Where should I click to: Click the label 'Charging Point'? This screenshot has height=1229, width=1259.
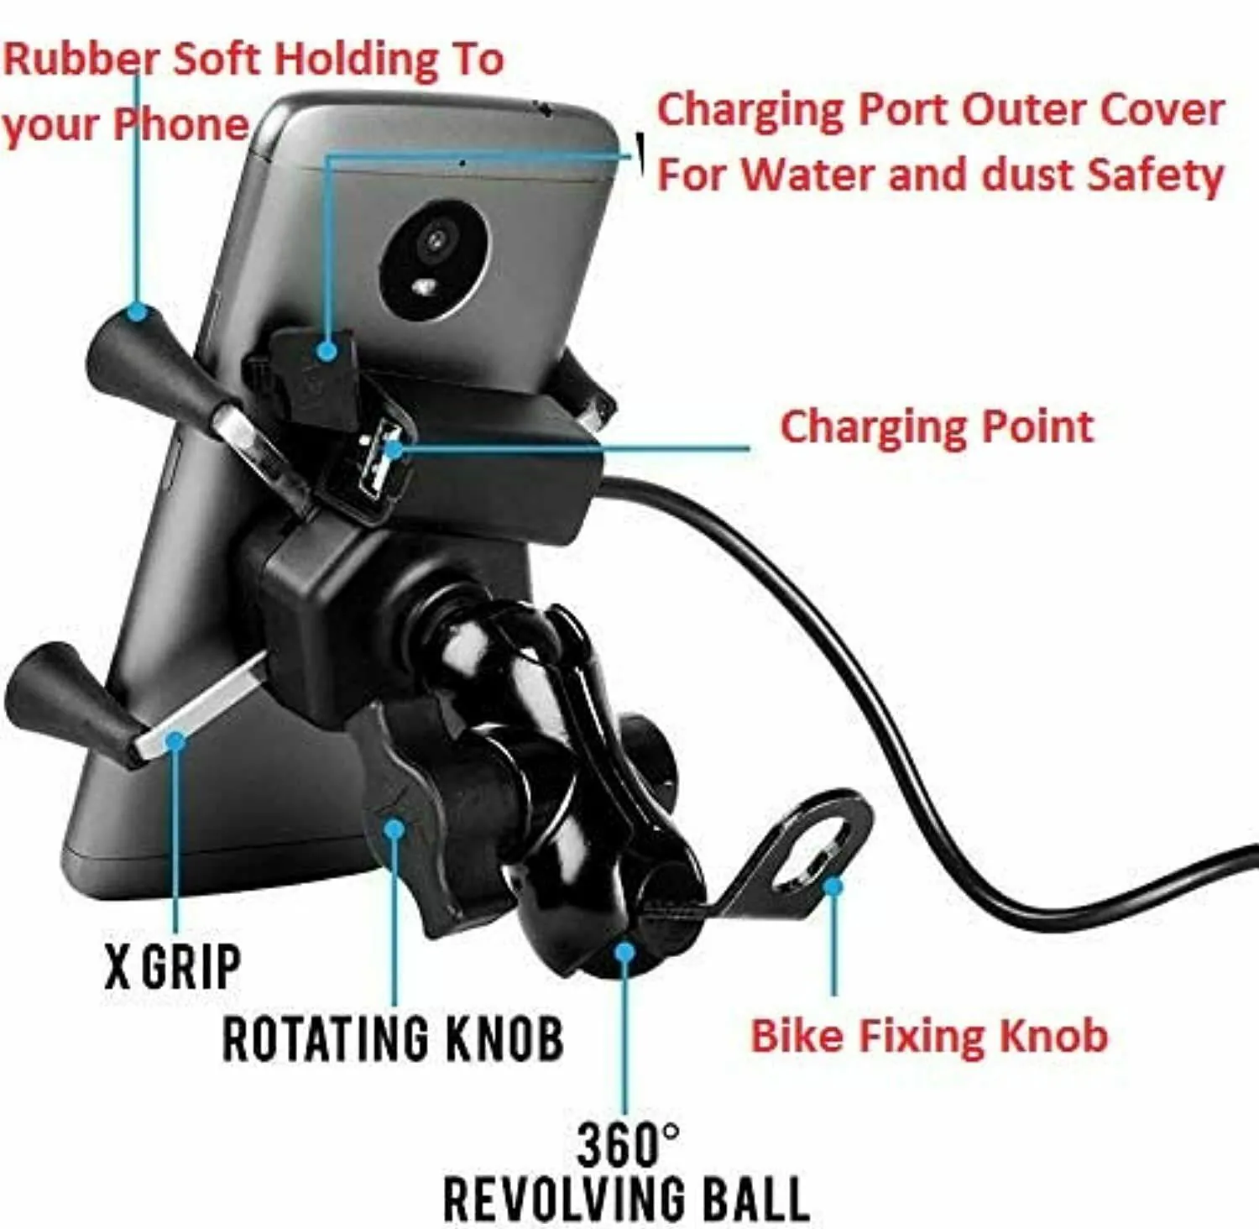click(x=937, y=426)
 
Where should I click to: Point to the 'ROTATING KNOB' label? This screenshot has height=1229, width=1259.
click(x=393, y=1038)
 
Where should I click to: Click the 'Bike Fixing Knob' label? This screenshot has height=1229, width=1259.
click(x=928, y=1036)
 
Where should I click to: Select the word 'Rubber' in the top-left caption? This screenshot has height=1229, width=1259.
click(x=81, y=60)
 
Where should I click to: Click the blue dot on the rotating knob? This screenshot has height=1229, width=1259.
click(x=394, y=829)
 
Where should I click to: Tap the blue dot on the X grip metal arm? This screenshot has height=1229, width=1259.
click(x=175, y=740)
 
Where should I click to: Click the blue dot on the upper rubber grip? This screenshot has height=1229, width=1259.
click(x=137, y=313)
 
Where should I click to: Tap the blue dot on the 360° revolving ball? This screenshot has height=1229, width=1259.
click(x=624, y=952)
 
